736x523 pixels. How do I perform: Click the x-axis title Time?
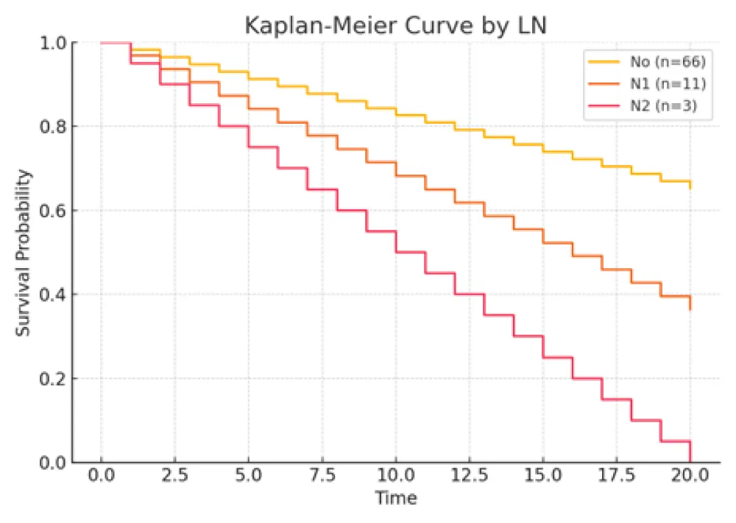click(x=396, y=499)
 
